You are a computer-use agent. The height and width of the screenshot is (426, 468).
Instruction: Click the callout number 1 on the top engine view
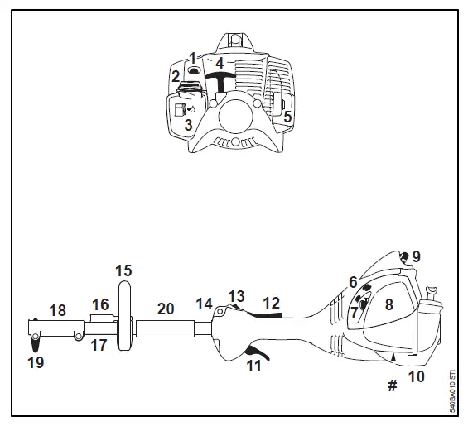[192, 58]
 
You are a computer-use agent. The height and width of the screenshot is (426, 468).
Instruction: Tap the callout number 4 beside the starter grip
[220, 63]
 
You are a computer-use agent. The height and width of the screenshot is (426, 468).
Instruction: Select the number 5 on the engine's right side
[287, 117]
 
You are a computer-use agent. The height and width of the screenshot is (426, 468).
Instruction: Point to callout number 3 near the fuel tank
[188, 125]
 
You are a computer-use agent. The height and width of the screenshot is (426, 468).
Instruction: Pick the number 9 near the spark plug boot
[416, 257]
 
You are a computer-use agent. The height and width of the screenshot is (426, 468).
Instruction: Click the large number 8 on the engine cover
[388, 304]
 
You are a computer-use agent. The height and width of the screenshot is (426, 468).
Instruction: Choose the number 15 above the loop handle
[123, 270]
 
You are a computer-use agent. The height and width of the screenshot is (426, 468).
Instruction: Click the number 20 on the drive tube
[166, 308]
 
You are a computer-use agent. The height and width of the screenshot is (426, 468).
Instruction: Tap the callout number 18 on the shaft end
[57, 310]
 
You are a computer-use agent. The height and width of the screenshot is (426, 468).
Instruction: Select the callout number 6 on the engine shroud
[353, 282]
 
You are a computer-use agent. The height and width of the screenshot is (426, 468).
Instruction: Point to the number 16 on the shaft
[100, 304]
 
